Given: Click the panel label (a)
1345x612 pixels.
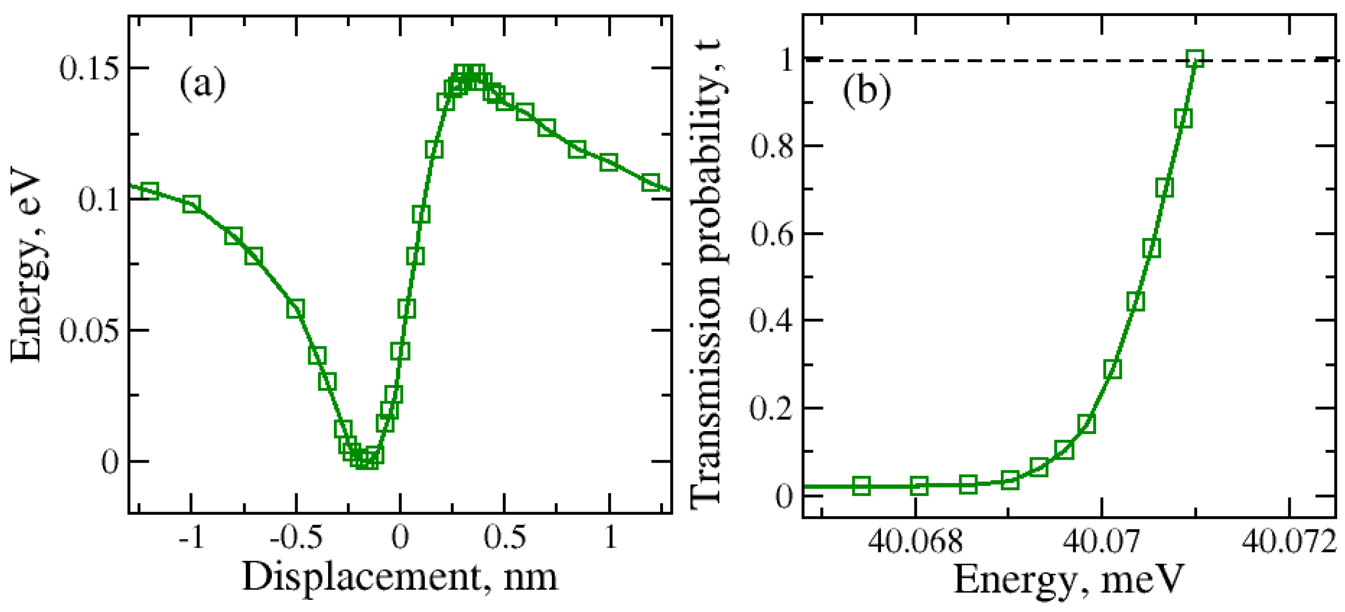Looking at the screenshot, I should pos(202,84).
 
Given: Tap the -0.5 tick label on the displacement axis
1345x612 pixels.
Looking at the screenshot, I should pos(296,537).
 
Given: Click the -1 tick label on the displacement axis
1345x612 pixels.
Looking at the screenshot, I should pos(191,537).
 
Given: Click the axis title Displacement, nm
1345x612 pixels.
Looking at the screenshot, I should pos(400,578).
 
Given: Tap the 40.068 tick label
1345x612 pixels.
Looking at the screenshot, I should pos(915,542).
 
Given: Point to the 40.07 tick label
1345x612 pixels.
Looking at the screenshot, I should pos(1102,542).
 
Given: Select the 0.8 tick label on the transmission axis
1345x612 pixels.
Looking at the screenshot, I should pos(771,146).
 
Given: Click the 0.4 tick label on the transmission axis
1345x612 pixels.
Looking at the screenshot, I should pos(771,321).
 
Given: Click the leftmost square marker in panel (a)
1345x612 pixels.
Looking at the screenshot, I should pos(149,191).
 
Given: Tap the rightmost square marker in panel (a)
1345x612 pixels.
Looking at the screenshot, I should pos(650,182).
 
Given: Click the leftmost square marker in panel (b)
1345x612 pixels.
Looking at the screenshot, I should pos(861,486).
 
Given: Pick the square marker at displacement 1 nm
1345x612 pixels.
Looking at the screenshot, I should pos(609,162).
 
